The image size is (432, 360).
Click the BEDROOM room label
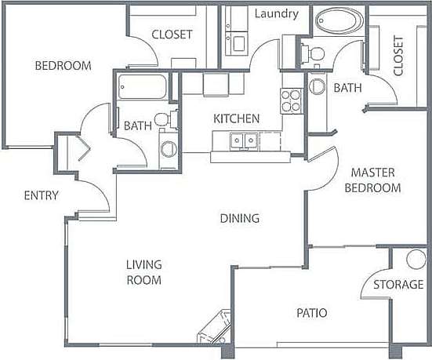click(63, 66)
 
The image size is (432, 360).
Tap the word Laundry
click(277, 14)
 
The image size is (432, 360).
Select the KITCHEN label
click(237, 118)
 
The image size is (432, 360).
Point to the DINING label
click(240, 218)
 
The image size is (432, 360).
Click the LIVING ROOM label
click(143, 273)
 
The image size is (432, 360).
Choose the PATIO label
click(311, 313)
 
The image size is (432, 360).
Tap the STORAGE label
click(398, 284)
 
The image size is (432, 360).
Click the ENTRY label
click(41, 195)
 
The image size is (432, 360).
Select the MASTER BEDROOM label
click(376, 180)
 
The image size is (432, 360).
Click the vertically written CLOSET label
click(398, 56)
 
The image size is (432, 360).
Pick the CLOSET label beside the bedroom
click(172, 35)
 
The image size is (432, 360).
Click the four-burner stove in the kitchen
click(292, 100)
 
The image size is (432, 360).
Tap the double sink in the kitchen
click(241, 140)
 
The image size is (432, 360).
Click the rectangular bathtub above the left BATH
click(143, 85)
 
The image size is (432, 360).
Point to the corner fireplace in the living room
click(212, 328)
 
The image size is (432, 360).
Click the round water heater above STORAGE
click(415, 260)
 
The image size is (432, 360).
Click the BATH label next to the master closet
click(347, 88)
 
